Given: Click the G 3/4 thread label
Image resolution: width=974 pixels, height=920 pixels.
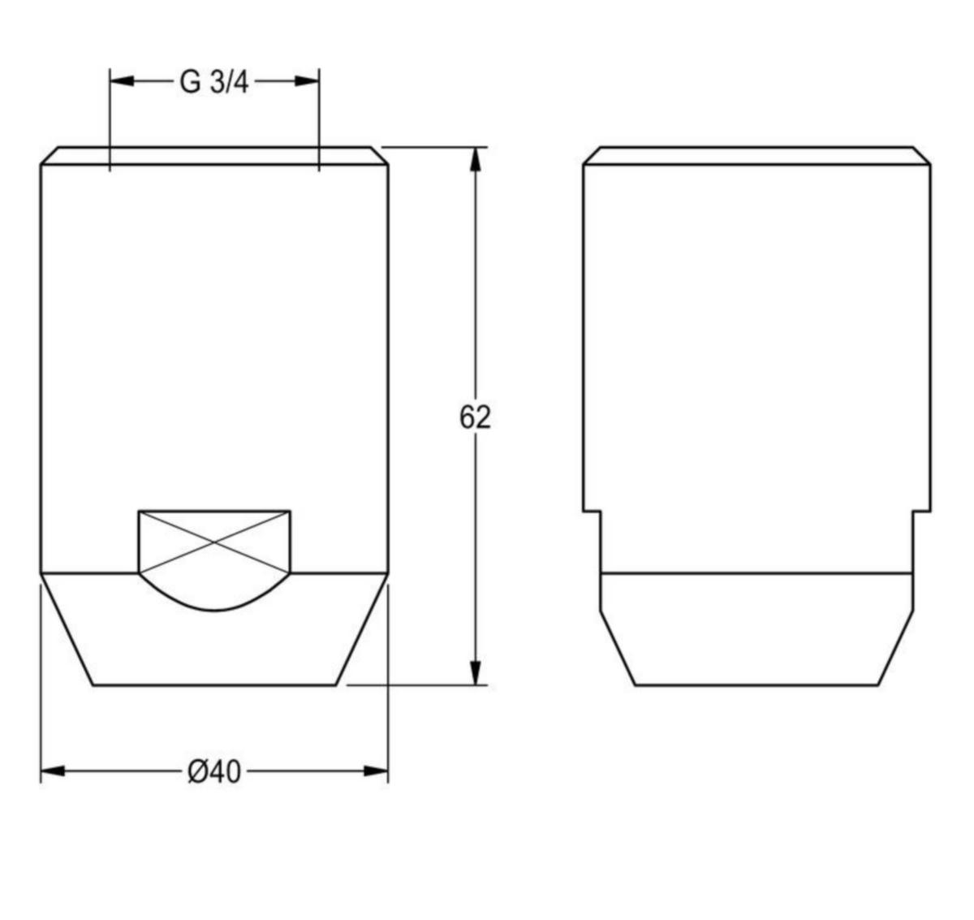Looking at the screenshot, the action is (214, 82).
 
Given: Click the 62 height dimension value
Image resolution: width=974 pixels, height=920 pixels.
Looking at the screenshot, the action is (475, 417).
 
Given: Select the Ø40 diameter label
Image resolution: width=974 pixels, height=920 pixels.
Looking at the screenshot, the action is (214, 772).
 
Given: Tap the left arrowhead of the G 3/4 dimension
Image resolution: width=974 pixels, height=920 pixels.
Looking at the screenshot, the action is (122, 81).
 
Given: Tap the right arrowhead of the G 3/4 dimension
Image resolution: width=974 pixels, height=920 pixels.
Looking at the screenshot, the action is (307, 81).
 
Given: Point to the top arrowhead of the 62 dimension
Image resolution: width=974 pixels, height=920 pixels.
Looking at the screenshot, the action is (475, 159).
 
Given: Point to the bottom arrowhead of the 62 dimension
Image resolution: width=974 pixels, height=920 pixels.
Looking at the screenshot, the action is (475, 672).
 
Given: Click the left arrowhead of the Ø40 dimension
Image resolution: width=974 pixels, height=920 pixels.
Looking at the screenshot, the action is (53, 771).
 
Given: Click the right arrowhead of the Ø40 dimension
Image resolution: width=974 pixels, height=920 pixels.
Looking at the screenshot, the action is (376, 771).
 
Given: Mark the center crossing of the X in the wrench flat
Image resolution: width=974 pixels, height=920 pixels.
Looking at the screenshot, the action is (214, 542).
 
